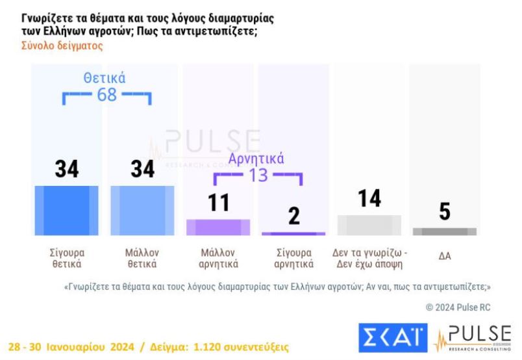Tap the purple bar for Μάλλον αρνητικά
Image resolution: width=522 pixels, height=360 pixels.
[218, 227]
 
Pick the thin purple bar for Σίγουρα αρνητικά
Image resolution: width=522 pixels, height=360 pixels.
[293, 233]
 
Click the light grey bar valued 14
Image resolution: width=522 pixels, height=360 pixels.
[369, 225]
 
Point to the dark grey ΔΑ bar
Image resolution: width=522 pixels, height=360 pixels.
[445, 231]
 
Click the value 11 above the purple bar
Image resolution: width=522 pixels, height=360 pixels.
[218, 202]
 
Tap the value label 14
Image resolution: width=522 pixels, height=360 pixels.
[369, 198]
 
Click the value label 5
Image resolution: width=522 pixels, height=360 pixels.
[445, 212]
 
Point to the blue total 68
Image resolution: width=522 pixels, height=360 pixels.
[106, 95]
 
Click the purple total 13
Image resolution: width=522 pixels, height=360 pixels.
[258, 175]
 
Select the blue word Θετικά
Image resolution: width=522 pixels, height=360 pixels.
[105, 78]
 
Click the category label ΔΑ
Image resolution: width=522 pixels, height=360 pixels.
[445, 256]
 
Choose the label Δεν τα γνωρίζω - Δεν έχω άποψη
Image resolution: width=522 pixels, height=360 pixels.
[369, 258]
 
